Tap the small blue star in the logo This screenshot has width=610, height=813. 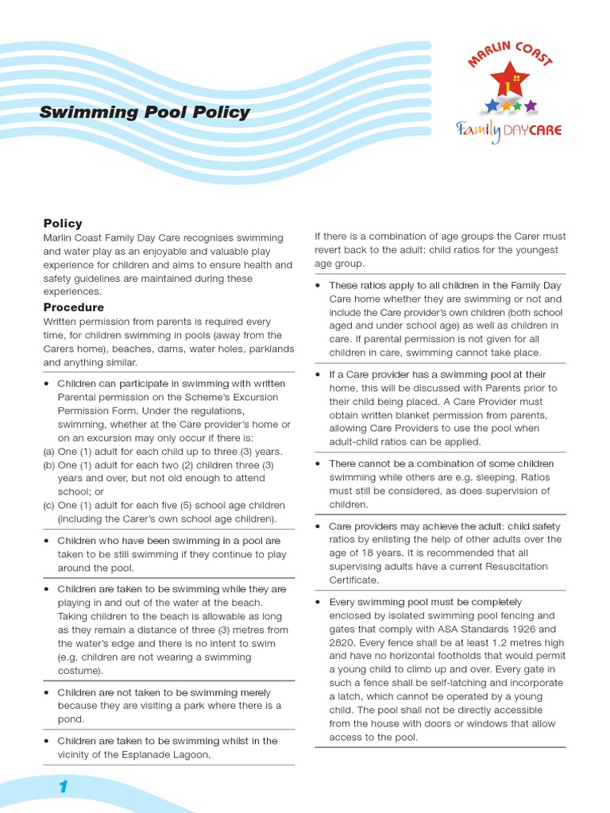[492, 105]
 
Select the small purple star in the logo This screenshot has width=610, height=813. [531, 105]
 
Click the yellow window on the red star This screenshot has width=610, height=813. [516, 78]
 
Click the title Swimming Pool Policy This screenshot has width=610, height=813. [145, 112]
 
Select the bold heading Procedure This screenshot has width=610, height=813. [73, 307]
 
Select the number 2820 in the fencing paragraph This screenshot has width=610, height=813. [342, 642]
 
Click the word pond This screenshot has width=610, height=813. [70, 719]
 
